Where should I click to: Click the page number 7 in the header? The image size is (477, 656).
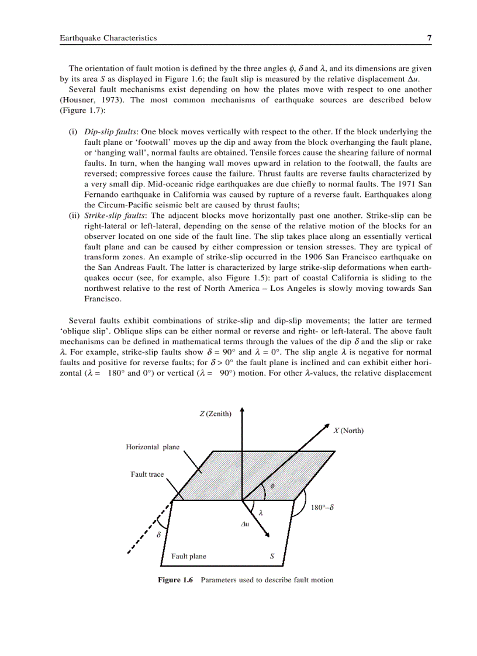429,38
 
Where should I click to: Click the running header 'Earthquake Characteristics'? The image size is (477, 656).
108,38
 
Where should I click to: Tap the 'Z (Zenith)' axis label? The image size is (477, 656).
215,414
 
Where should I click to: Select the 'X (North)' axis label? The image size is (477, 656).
348,431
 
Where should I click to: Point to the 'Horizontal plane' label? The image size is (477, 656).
153,447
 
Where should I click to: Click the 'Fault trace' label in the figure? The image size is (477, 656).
147,474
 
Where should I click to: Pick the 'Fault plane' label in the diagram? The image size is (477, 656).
188,556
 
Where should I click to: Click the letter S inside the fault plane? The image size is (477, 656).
272,556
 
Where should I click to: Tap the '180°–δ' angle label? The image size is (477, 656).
322,508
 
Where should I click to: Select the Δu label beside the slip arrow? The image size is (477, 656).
246,524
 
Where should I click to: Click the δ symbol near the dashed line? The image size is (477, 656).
158,534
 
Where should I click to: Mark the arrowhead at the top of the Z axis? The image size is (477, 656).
242,411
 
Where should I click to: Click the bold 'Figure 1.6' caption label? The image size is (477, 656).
175,580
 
